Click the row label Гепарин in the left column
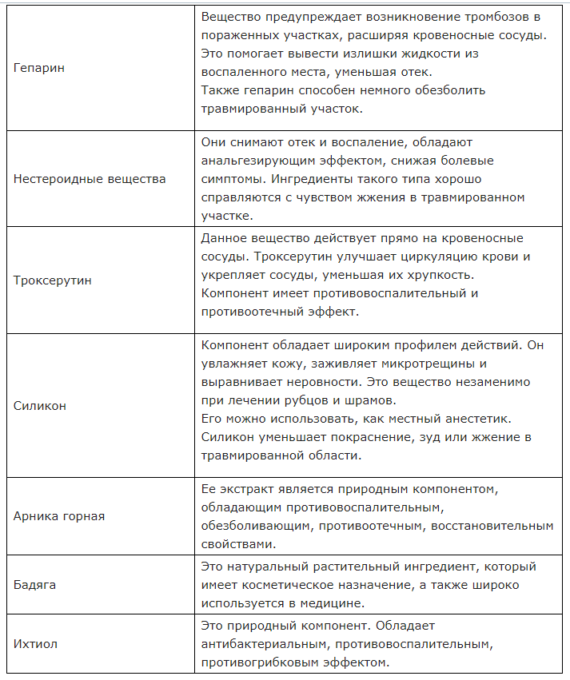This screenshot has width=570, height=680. pos(39,68)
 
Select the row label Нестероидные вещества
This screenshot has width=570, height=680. pos(90,178)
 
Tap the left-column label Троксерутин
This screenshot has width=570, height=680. pos(53,280)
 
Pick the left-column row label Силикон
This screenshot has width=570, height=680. pos(40,406)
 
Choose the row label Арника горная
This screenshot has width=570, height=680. pos(59,516)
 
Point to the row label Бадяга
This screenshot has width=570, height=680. pos(35,585)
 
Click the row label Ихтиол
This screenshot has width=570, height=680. pos(35,643)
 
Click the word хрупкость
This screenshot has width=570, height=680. pos(439,275)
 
